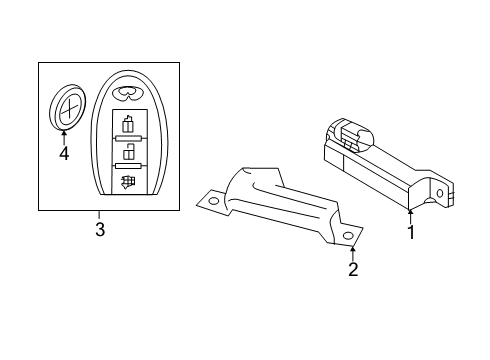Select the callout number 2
(x=352, y=269)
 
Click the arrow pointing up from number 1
(x=410, y=214)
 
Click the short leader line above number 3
(x=98, y=216)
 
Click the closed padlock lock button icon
(x=127, y=125)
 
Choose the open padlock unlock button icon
(x=127, y=155)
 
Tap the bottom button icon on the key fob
(x=127, y=183)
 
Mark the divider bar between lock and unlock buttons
(x=127, y=140)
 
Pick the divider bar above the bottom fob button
(x=127, y=169)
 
